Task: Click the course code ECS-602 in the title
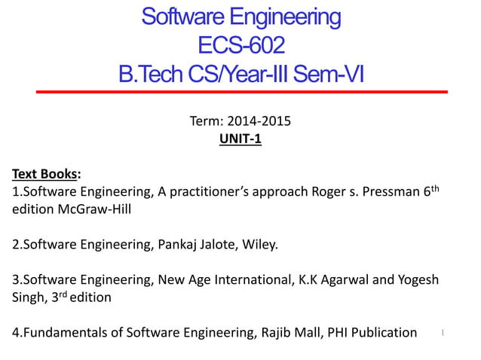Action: point(240,44)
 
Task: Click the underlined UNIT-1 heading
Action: point(240,139)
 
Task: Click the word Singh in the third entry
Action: point(28,297)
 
